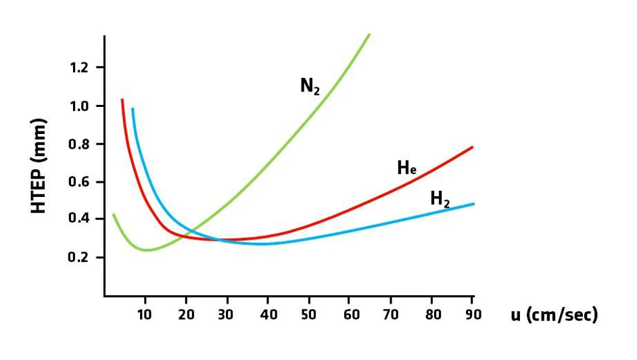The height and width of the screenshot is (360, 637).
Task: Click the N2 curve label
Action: [x=310, y=86]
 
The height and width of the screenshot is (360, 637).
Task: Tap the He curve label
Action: [x=406, y=168]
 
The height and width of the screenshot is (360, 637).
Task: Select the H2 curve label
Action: [x=440, y=199]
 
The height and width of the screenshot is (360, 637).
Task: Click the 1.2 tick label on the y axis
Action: [x=80, y=68]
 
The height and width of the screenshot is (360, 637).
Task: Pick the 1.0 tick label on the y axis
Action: [x=80, y=106]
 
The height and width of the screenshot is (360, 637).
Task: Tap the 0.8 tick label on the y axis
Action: [x=80, y=144]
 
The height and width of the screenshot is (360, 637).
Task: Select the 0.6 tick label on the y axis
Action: [x=80, y=182]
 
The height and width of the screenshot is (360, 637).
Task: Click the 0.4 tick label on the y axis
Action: [x=80, y=219]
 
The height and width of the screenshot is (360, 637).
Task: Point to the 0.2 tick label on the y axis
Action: [x=80, y=258]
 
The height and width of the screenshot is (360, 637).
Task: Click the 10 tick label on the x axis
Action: [x=144, y=315]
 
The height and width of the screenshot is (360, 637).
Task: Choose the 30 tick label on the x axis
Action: [x=227, y=315]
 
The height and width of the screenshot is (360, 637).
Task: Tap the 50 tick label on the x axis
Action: [x=309, y=315]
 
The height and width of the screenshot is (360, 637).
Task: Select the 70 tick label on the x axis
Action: [x=391, y=315]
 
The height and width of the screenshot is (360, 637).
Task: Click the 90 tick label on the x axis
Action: [x=473, y=315]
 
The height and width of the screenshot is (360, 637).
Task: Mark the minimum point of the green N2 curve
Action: [x=146, y=250]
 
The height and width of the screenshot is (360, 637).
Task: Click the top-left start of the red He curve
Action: [x=122, y=99]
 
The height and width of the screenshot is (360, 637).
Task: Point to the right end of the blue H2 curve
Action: [x=473, y=204]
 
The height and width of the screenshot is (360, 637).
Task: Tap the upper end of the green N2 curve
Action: [x=369, y=34]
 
